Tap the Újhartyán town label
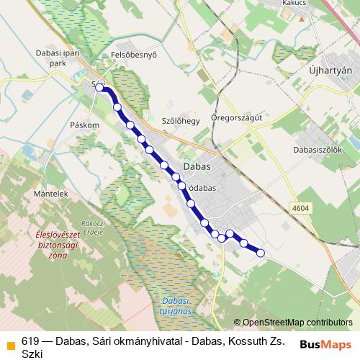pyautogui.click(x=330, y=70)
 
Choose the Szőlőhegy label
pyautogui.click(x=180, y=121)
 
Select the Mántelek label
pyautogui.click(x=50, y=194)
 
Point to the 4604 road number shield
pyautogui.click(x=301, y=207)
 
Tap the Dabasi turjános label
pyautogui.click(x=173, y=305)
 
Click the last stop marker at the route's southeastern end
pyautogui.click(x=261, y=252)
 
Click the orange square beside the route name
pyautogui.click(x=11, y=345)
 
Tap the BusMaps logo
pyautogui.click(x=325, y=344)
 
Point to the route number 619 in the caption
pyautogui.click(x=30, y=341)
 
